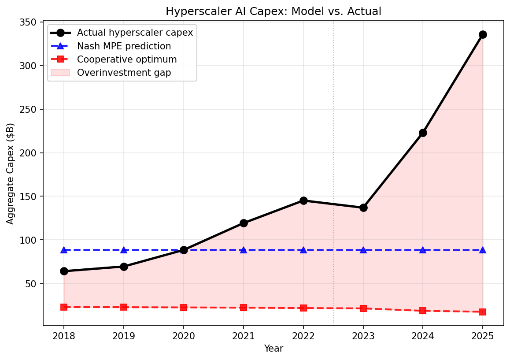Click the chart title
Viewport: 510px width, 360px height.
pos(273,12)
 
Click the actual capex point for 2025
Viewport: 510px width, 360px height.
pos(483,34)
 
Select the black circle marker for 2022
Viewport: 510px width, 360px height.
pos(303,200)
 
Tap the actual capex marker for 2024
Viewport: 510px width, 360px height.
pos(423,133)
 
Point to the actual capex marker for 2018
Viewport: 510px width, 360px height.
pos(64,271)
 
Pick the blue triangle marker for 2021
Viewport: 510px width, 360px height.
pos(244,250)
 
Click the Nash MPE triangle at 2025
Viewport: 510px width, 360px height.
pos(483,250)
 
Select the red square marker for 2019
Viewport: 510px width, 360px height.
pos(124,307)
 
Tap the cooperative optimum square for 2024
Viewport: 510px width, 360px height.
pos(423,311)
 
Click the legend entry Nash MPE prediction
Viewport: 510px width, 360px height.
pos(124,46)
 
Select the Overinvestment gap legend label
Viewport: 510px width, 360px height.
pos(124,73)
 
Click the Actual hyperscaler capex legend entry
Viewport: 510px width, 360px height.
pos(135,33)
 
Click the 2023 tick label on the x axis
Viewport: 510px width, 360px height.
pos(363,337)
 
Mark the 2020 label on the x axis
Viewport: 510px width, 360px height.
pos(184,337)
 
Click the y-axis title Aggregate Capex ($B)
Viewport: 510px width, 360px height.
pos(11,174)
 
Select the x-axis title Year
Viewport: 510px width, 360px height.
pos(273,349)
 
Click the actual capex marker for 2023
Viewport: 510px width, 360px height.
pos(363,208)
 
